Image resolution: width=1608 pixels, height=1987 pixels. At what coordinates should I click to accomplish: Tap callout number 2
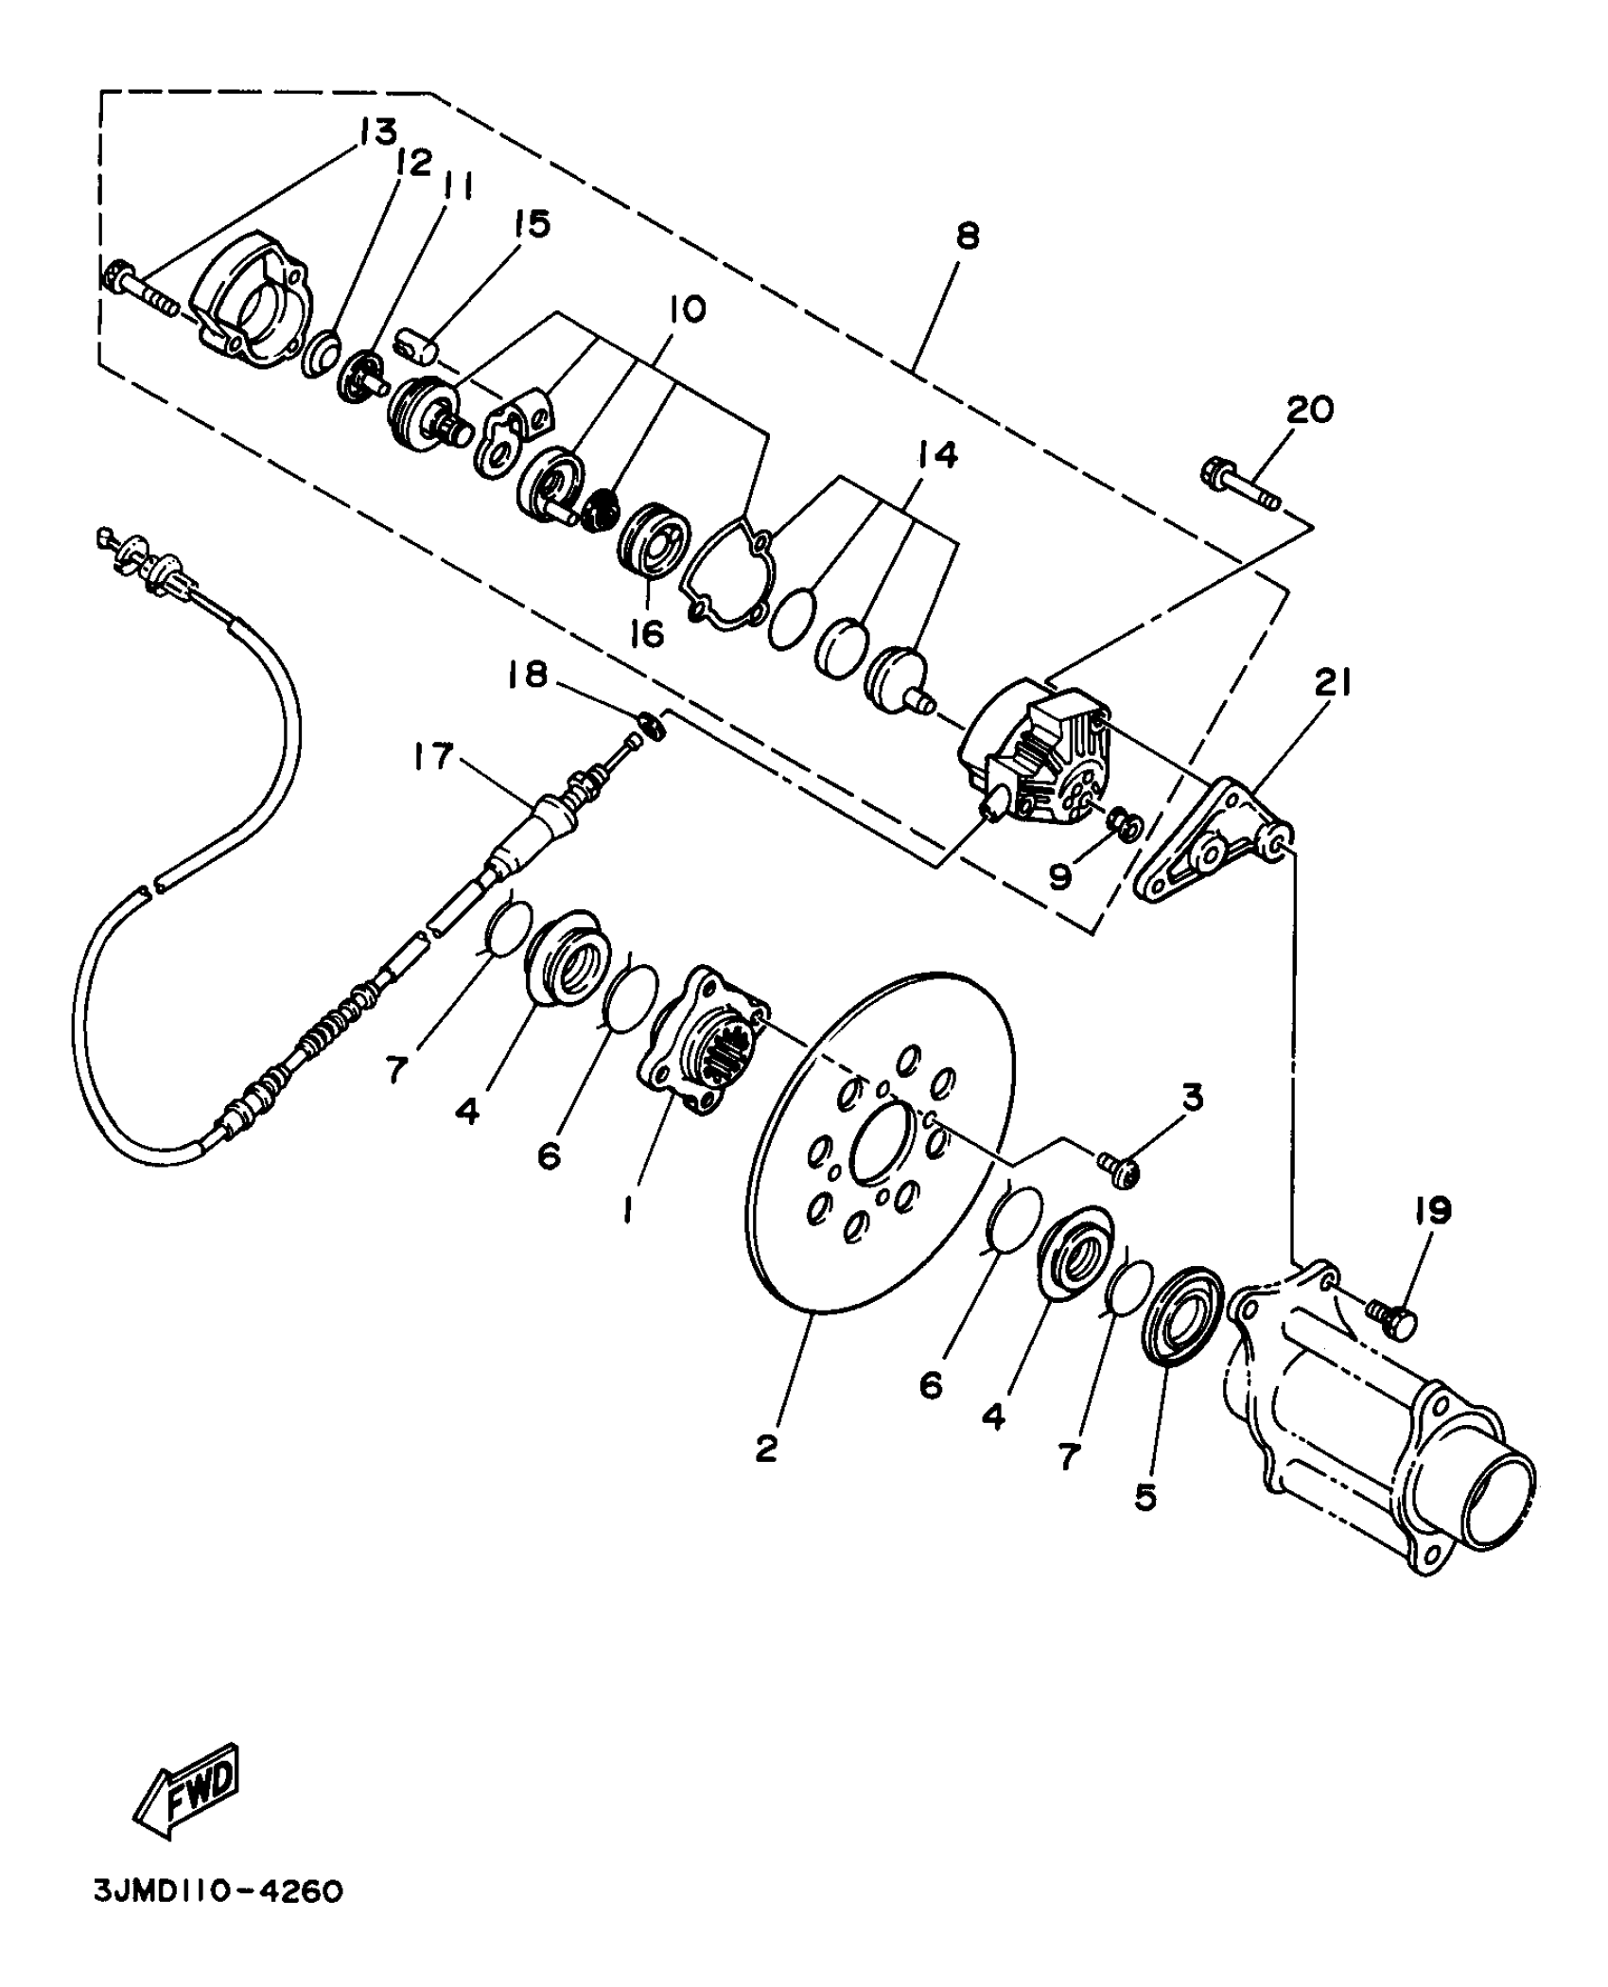[766, 1449]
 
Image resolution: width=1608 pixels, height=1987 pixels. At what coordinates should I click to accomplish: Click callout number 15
[532, 225]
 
